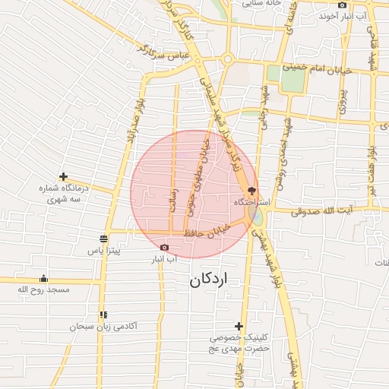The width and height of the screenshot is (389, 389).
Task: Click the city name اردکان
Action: tap(208, 280)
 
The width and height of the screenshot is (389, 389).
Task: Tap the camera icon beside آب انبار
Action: tap(165, 248)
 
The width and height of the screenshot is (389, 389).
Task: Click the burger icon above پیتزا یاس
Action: tap(103, 239)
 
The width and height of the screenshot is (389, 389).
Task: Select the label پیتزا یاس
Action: tap(105, 250)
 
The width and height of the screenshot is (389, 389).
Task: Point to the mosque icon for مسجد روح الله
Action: tap(43, 278)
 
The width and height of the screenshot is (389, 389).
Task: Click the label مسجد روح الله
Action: tap(43, 289)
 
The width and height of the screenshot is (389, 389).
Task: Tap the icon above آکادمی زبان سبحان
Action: tap(103, 315)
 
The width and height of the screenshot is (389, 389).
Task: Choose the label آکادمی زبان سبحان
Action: tap(103, 326)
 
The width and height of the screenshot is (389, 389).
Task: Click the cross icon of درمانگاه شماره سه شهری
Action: tap(63, 176)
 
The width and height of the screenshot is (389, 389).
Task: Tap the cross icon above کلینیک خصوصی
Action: tap(239, 325)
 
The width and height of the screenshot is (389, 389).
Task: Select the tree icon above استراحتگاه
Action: tap(252, 191)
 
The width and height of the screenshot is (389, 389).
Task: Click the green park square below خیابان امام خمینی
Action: tap(274, 74)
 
